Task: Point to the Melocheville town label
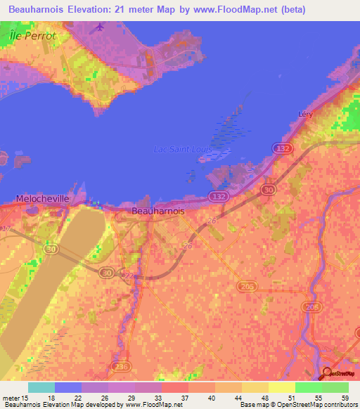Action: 43,199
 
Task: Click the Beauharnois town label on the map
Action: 158,210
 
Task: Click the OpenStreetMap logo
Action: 340,374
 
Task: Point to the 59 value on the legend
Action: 345,398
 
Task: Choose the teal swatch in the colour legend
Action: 41,387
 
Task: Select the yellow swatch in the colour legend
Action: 281,387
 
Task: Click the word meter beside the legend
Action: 13,398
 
